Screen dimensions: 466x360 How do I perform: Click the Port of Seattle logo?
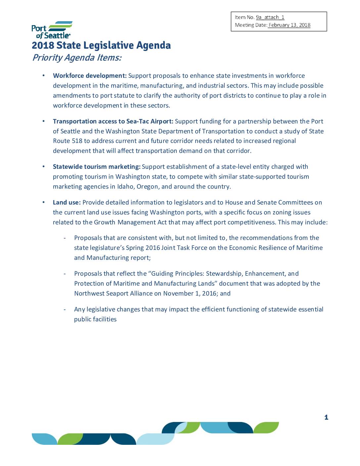pos(52,30)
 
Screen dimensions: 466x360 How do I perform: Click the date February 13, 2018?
pos(289,25)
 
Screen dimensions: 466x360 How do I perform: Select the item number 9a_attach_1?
pos(270,18)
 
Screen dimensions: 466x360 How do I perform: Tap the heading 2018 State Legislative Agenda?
pos(101,45)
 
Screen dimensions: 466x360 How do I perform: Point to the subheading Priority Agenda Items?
pos(77,58)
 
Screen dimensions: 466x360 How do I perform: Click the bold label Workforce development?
pos(90,76)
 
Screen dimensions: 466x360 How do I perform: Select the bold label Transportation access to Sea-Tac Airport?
pos(113,121)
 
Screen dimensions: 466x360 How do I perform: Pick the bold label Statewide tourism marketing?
pos(97,167)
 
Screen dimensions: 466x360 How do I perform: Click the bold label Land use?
pos(67,203)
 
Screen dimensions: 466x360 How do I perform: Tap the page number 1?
pos(326,417)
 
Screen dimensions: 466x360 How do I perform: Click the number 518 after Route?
pos(77,141)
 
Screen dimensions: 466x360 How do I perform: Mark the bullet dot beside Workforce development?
pos(43,76)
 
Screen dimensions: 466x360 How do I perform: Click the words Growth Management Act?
pos(130,222)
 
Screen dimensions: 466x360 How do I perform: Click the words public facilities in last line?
pos(95,319)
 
